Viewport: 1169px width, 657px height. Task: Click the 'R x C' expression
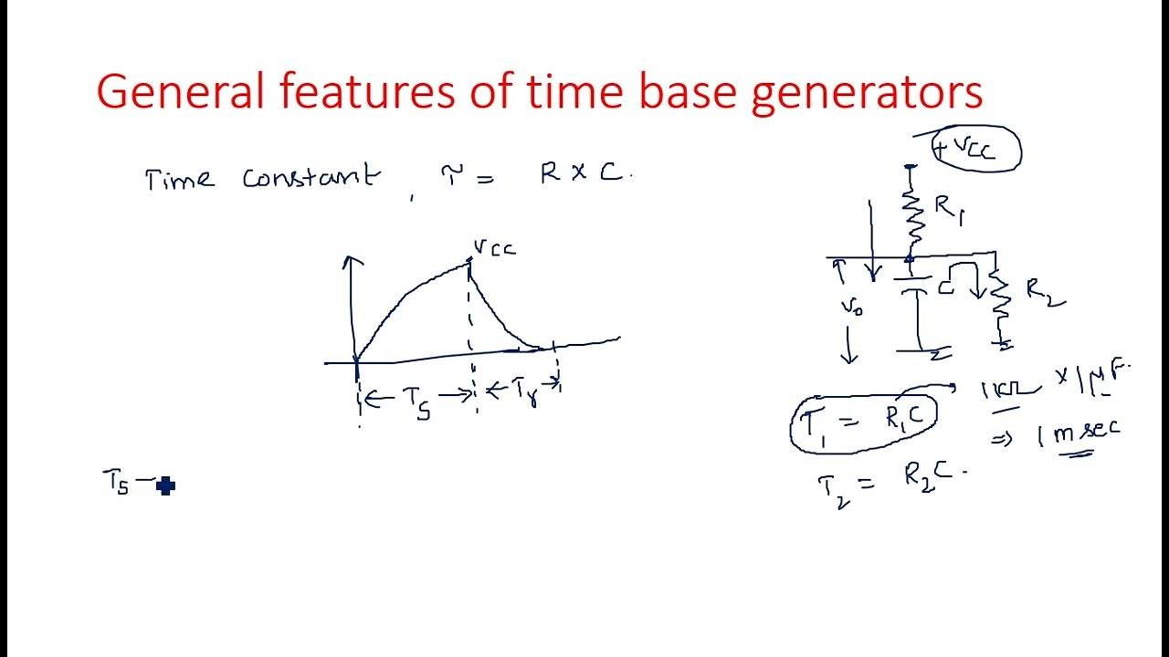[582, 173]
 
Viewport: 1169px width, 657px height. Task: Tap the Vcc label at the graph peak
[494, 247]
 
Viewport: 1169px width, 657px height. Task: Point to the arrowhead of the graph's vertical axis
[353, 261]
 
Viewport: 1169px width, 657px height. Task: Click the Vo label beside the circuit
[852, 308]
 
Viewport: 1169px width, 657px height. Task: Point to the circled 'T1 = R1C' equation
[863, 423]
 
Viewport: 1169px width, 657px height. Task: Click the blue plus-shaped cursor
[165, 485]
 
